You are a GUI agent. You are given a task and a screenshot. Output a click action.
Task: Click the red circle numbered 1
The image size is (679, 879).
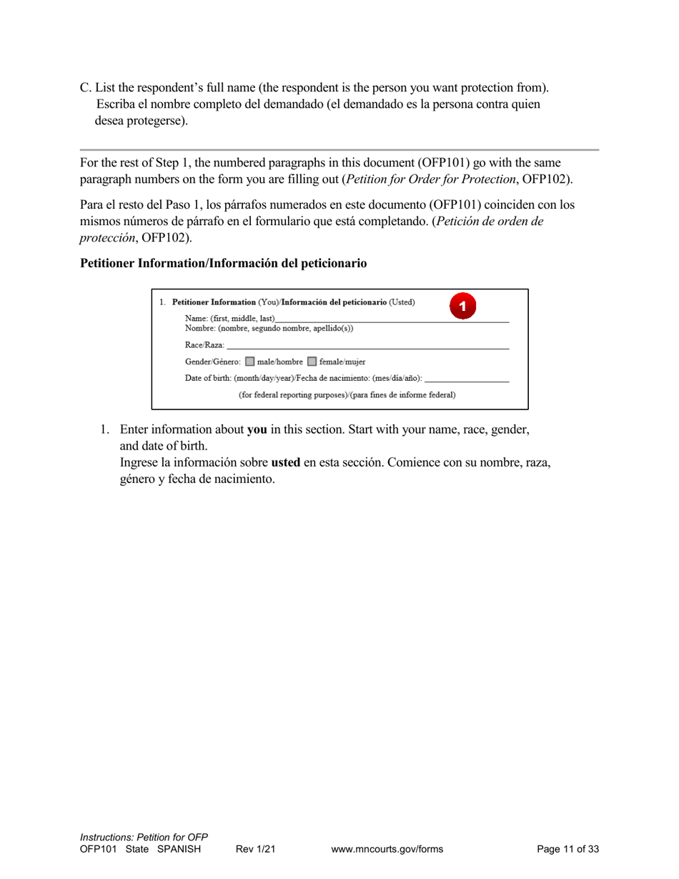(462, 306)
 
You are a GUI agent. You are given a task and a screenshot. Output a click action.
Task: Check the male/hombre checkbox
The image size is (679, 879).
(249, 362)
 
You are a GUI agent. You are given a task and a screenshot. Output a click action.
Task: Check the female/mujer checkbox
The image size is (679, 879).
(312, 362)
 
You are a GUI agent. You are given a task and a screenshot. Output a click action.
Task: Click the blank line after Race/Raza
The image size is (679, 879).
(367, 347)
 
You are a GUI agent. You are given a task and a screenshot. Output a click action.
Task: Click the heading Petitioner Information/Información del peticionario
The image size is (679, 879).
(223, 263)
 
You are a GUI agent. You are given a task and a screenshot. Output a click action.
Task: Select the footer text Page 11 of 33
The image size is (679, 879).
(568, 849)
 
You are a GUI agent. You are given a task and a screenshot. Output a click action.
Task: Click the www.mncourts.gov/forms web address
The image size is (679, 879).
(387, 849)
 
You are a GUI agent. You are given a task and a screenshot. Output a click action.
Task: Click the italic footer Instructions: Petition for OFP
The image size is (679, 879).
(144, 837)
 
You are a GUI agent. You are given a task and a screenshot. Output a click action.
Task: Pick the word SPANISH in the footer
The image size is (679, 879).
(179, 849)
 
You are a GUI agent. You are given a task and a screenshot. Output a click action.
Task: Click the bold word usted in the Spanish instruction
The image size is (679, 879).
(285, 462)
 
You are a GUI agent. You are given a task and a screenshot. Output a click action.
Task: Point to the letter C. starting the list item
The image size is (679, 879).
(86, 88)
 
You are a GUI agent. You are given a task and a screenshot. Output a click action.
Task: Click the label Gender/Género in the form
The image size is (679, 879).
(212, 362)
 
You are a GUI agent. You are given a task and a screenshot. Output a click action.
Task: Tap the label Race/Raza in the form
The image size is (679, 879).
(204, 345)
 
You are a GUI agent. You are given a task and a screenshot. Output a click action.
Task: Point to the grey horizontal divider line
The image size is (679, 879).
(339, 150)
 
